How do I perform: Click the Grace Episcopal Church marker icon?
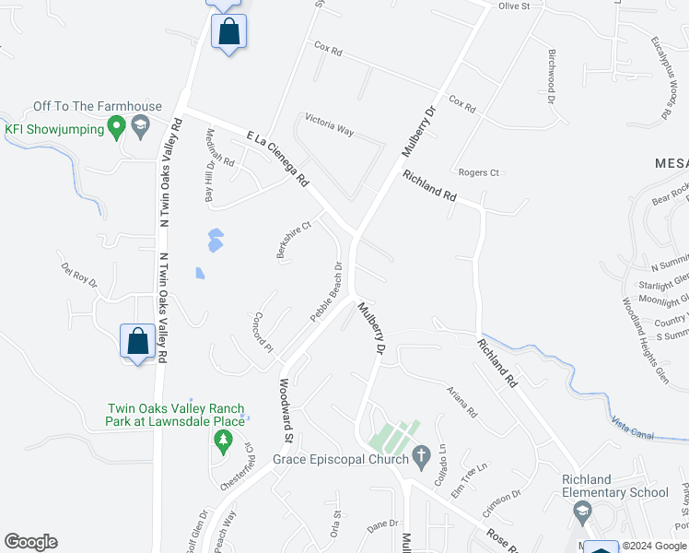coord(422,455)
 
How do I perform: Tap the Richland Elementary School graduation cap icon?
coord(581,510)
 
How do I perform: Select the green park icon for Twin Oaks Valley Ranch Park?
coord(222,442)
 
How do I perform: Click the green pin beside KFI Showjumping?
coord(116,128)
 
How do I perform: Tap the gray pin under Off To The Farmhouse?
coord(140,127)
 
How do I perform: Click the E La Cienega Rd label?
coord(277,159)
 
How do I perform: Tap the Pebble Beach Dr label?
coord(326,292)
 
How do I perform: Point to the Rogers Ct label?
coord(478,172)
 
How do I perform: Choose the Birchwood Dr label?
coord(553,76)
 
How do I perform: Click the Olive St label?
coord(514,6)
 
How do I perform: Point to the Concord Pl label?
coord(258,332)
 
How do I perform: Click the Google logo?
coord(30,542)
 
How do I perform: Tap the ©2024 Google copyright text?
coord(653,546)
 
